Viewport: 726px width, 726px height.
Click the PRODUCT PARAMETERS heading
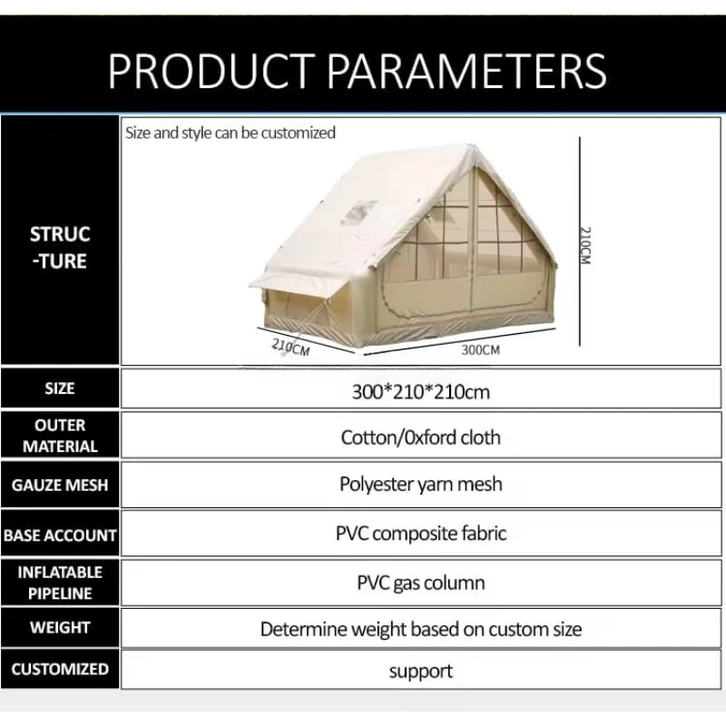pyautogui.click(x=357, y=71)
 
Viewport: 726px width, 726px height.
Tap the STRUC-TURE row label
pyautogui.click(x=60, y=248)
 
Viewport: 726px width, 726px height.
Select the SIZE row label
pyautogui.click(x=60, y=388)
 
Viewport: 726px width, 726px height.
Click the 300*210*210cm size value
pyautogui.click(x=420, y=392)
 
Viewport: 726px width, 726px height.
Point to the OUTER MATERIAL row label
pyautogui.click(x=60, y=436)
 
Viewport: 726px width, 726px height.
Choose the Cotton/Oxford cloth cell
pyautogui.click(x=420, y=437)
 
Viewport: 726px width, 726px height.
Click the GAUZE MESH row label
pyautogui.click(x=60, y=485)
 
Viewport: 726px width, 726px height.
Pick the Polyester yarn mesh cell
pyautogui.click(x=420, y=485)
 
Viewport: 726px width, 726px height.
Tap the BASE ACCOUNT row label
pyautogui.click(x=60, y=535)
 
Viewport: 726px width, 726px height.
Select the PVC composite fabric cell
pyautogui.click(x=420, y=534)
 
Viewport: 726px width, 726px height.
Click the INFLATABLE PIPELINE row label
pyautogui.click(x=60, y=583)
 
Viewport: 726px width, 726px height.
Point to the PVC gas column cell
pyautogui.click(x=420, y=583)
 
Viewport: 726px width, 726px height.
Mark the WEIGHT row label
pyautogui.click(x=60, y=627)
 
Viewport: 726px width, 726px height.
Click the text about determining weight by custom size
pyautogui.click(x=420, y=629)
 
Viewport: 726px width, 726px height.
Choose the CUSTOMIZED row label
pyautogui.click(x=60, y=669)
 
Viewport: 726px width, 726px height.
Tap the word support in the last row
pyautogui.click(x=420, y=672)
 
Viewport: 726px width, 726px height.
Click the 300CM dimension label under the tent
pyautogui.click(x=481, y=350)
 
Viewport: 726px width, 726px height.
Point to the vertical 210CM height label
pyautogui.click(x=585, y=245)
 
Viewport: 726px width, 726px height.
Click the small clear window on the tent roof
pyautogui.click(x=359, y=213)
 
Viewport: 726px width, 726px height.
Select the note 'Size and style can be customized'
pyautogui.click(x=231, y=132)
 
